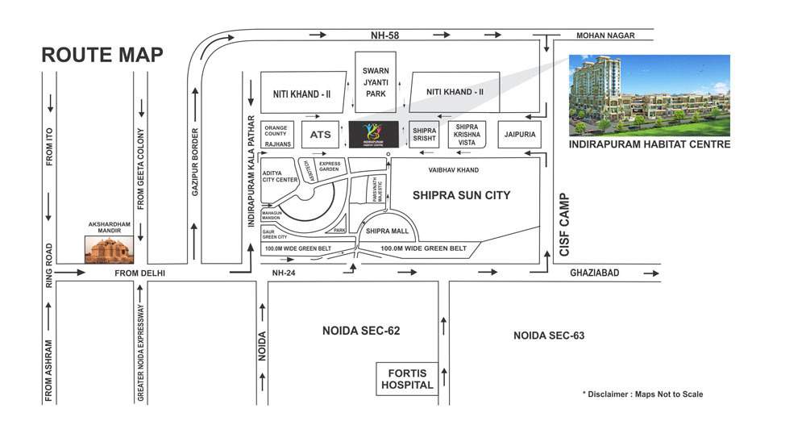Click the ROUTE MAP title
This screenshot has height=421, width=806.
click(102, 55)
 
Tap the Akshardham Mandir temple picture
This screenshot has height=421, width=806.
click(108, 249)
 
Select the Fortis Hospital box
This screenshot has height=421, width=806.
click(408, 378)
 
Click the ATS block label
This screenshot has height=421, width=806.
click(320, 135)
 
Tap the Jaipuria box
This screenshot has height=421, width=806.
click(517, 134)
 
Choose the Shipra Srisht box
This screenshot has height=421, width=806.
click(424, 135)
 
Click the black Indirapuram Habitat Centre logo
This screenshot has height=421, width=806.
click(374, 134)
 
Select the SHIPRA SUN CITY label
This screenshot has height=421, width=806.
click(462, 195)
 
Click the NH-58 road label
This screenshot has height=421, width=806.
click(384, 35)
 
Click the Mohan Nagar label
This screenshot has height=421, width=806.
click(605, 35)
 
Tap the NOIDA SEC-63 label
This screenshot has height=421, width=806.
click(548, 335)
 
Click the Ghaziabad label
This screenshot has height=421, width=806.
click(595, 273)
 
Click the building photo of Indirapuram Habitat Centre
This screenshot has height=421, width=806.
click(649, 95)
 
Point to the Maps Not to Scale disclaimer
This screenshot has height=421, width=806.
click(642, 394)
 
